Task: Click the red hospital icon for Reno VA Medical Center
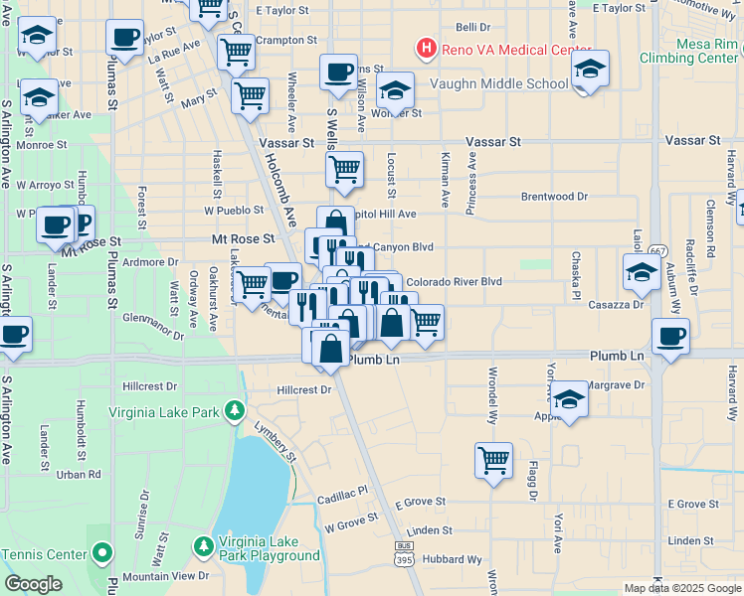pyautogui.click(x=426, y=47)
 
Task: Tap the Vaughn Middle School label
pyautogui.click(x=498, y=83)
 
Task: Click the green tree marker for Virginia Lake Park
pyautogui.click(x=234, y=409)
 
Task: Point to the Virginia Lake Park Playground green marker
pyautogui.click(x=204, y=546)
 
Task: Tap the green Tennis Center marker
pyautogui.click(x=101, y=552)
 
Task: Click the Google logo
pyautogui.click(x=34, y=584)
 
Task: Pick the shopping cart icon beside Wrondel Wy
pyautogui.click(x=493, y=460)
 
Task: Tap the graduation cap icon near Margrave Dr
pyautogui.click(x=570, y=398)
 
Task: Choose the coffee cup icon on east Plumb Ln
pyautogui.click(x=670, y=336)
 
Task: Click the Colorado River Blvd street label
pyautogui.click(x=454, y=281)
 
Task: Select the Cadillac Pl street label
pyautogui.click(x=343, y=490)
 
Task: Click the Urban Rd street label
pyautogui.click(x=80, y=474)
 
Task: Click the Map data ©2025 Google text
pyautogui.click(x=681, y=588)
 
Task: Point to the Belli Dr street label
pyautogui.click(x=473, y=29)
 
